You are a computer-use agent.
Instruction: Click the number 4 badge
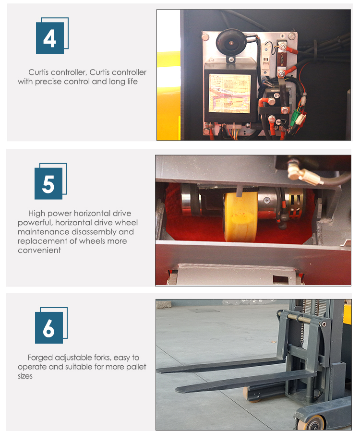pos(49,38)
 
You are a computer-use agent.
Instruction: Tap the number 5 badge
pos(48,184)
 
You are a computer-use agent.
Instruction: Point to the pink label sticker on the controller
pos(229,93)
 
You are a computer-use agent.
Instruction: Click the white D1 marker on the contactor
pos(276,96)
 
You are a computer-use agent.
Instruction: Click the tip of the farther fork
pos(159,370)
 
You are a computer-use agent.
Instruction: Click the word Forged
pos(40,358)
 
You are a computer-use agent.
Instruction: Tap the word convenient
pos(39,250)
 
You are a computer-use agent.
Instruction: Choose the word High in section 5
pos(37,213)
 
